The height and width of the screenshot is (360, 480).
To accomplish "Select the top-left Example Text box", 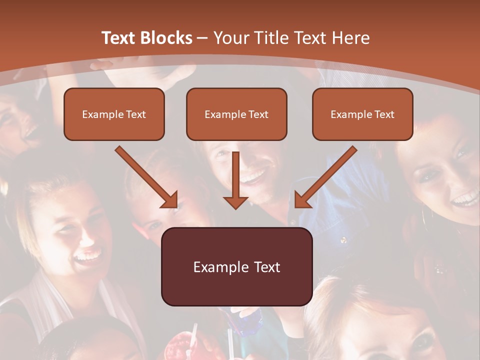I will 114,114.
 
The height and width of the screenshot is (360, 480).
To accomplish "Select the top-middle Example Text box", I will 236,114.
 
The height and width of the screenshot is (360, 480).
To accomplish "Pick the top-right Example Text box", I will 362,114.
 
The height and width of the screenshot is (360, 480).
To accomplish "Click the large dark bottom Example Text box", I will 236,266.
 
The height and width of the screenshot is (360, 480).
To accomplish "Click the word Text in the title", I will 118,38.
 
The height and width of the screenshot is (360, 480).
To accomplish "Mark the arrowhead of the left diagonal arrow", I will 170,200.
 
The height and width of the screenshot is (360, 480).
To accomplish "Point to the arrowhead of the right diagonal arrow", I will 302,200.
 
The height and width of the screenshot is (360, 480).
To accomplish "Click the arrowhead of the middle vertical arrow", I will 235,202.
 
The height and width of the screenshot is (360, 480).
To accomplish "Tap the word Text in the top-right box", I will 384,114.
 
